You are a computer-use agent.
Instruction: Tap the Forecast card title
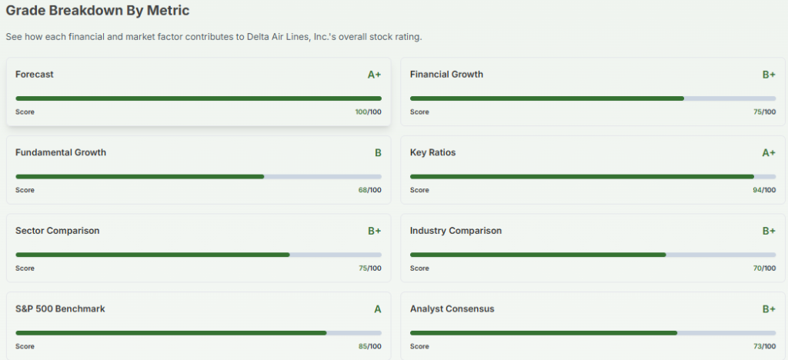click(35, 75)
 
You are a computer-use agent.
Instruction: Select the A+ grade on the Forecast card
click(374, 75)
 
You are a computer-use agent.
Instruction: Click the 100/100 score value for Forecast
click(368, 112)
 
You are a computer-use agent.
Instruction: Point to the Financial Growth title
click(446, 75)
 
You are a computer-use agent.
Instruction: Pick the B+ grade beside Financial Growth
click(769, 75)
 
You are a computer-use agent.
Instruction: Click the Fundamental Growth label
click(61, 152)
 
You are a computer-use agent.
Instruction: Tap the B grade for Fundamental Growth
click(378, 153)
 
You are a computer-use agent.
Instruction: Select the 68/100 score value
click(369, 190)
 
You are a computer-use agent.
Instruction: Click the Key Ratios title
click(432, 152)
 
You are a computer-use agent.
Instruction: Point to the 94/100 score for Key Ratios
click(764, 190)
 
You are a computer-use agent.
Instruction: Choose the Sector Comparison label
click(58, 231)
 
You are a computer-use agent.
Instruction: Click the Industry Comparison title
click(456, 231)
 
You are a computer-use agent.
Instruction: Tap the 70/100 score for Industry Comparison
click(764, 268)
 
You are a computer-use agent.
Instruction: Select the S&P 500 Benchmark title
click(60, 308)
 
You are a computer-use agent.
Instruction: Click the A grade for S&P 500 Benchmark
click(378, 309)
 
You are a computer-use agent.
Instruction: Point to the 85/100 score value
click(369, 346)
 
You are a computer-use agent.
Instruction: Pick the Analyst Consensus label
click(452, 308)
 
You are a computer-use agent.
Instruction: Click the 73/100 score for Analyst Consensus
click(764, 346)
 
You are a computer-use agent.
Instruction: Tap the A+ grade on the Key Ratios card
click(769, 153)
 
